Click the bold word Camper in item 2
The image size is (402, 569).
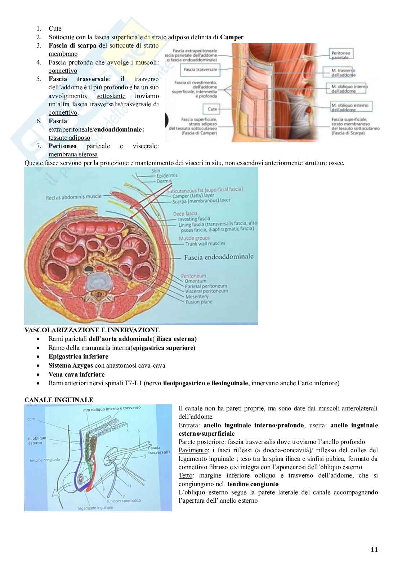click(x=232, y=37)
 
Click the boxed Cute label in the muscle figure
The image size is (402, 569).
click(x=213, y=109)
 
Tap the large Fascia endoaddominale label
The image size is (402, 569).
click(x=219, y=257)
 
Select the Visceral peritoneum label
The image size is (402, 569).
click(x=206, y=291)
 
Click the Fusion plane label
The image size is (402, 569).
click(x=199, y=302)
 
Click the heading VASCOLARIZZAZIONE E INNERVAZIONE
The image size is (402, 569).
click(x=92, y=330)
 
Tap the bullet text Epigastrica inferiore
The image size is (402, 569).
click(x=78, y=356)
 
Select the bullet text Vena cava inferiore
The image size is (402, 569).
click(x=76, y=374)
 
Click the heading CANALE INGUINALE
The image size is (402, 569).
click(x=59, y=400)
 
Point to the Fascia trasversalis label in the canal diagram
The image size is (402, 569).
click(x=159, y=450)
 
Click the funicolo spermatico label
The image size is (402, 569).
click(x=124, y=501)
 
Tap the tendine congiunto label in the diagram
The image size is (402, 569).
click(x=45, y=460)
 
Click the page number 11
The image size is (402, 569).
click(x=374, y=550)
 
